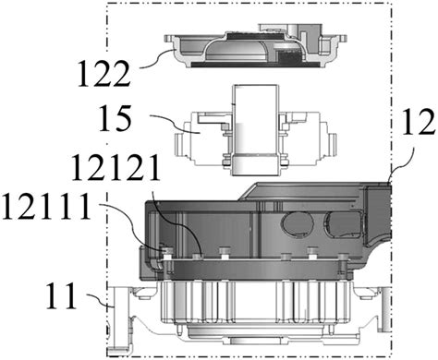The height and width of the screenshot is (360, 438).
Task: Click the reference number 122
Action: click(x=104, y=74)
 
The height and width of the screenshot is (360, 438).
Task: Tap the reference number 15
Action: click(x=115, y=118)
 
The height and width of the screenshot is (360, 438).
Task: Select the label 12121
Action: click(x=116, y=168)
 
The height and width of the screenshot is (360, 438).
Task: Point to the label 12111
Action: click(x=47, y=207)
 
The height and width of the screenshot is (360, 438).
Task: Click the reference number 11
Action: click(x=61, y=295)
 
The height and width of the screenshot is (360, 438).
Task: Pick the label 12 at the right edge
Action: click(x=419, y=123)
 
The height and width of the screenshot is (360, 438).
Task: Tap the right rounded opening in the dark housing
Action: click(x=344, y=225)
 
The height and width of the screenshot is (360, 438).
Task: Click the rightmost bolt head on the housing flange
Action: click(x=342, y=257)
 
